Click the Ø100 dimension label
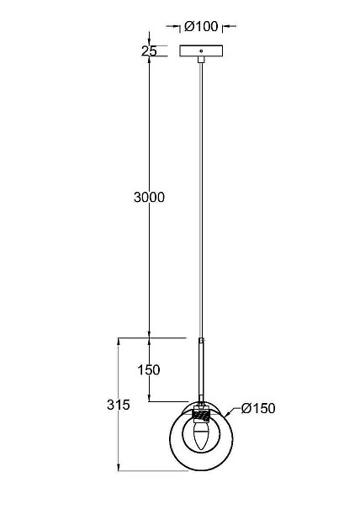(x=201, y=26)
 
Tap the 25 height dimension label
(x=149, y=51)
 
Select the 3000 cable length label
(x=150, y=197)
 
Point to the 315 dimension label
(x=119, y=405)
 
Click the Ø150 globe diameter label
(x=258, y=408)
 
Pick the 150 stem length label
(x=149, y=369)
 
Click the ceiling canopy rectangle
(x=201, y=50)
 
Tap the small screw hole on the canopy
(x=201, y=50)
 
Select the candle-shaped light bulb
(x=201, y=435)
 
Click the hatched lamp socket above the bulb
(x=201, y=415)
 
